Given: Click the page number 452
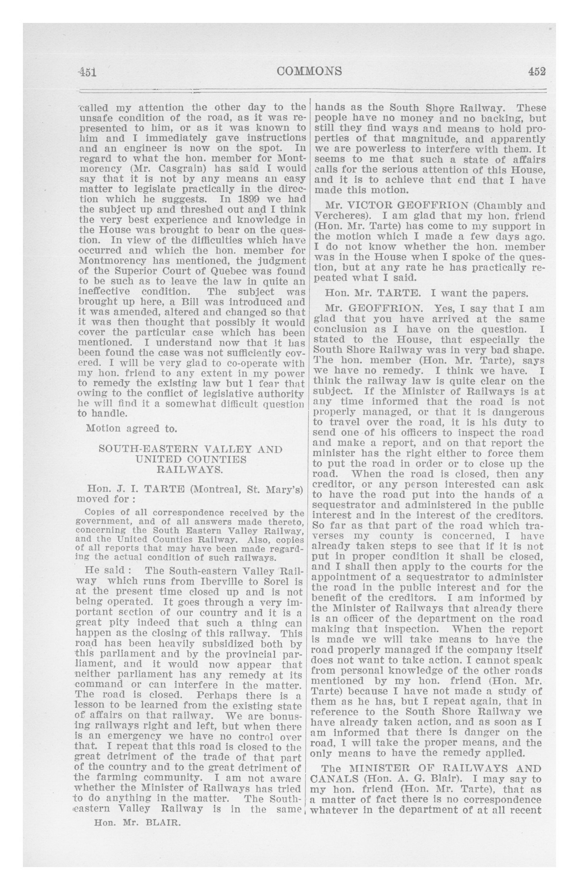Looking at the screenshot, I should [x=537, y=71].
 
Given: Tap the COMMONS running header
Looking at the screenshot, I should [x=310, y=71].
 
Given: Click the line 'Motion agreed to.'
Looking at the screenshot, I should [x=131, y=428].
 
